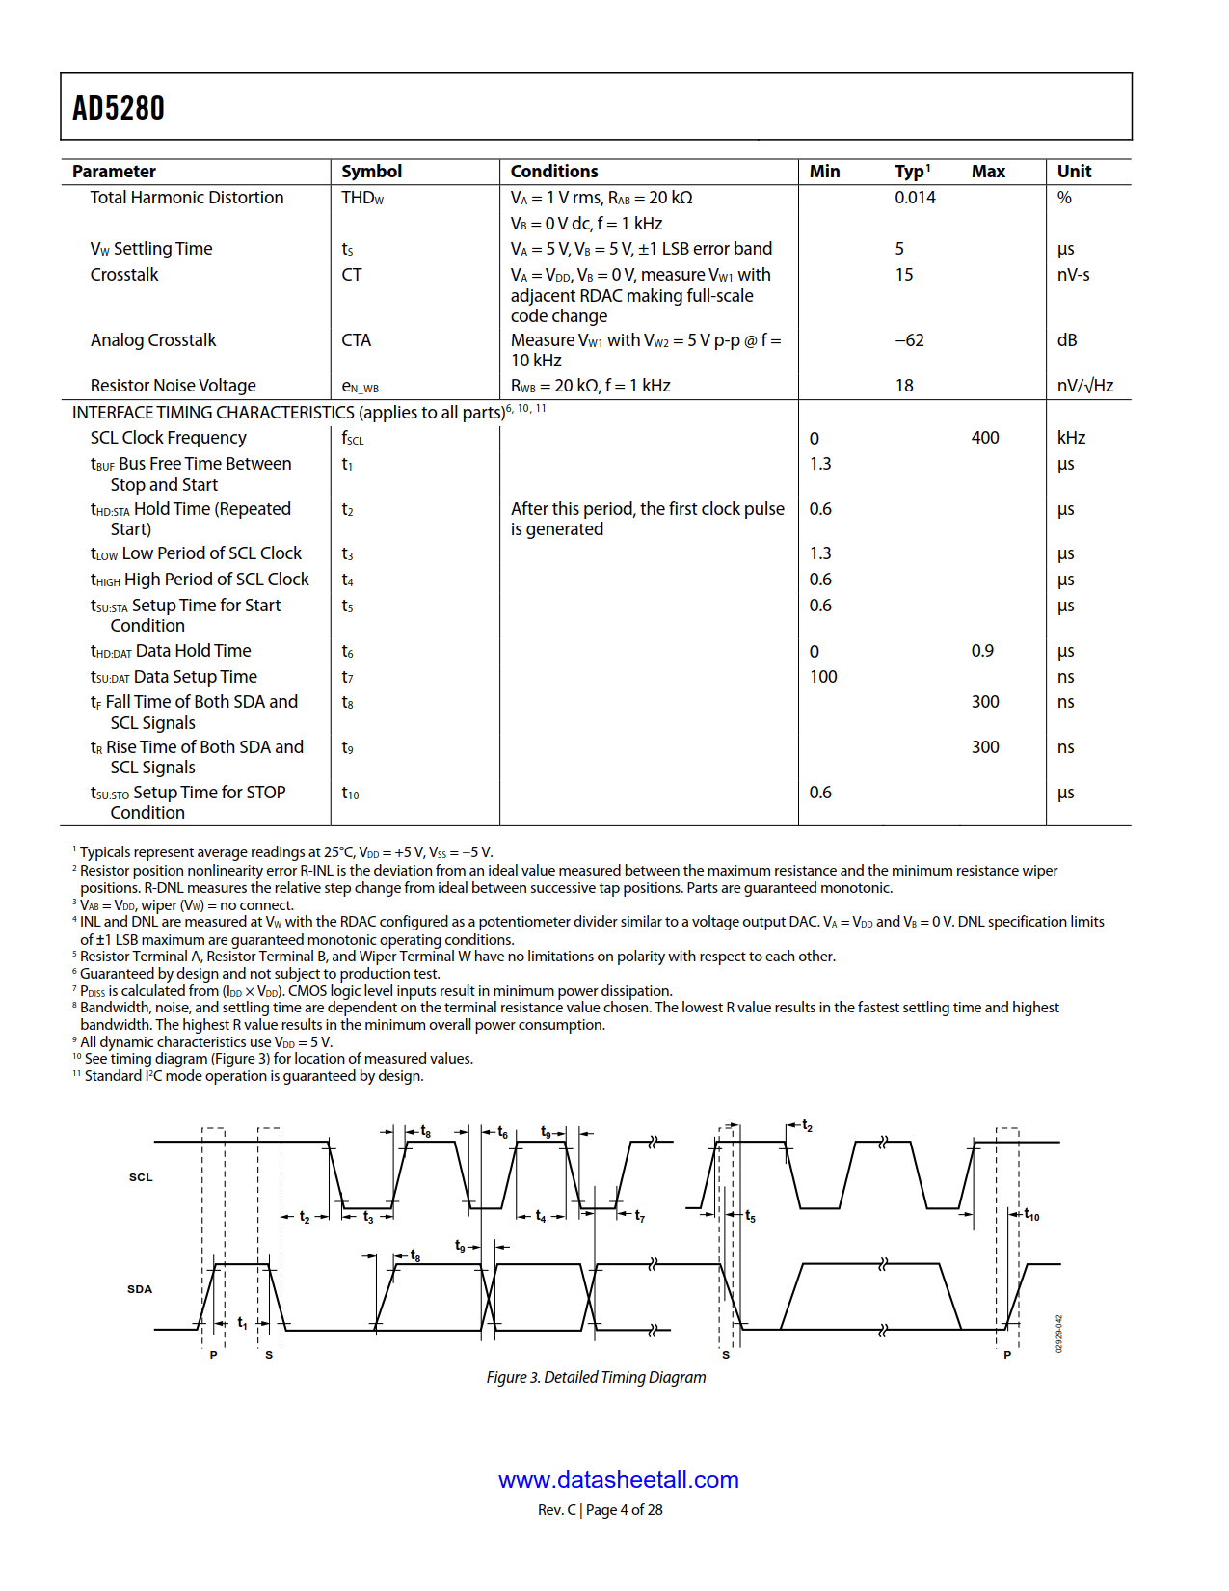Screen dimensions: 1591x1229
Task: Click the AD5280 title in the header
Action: click(x=119, y=108)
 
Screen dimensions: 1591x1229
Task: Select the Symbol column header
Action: click(x=371, y=172)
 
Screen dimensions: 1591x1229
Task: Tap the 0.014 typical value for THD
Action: click(x=915, y=198)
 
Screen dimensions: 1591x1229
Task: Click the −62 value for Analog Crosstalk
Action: click(x=909, y=340)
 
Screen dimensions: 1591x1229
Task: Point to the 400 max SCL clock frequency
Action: click(x=985, y=438)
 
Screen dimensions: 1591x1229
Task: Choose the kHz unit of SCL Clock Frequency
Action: click(x=1071, y=438)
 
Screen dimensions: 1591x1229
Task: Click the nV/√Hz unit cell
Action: click(x=1084, y=386)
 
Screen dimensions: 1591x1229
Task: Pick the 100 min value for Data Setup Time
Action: click(x=823, y=677)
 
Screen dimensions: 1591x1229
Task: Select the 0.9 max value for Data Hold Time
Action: click(x=982, y=651)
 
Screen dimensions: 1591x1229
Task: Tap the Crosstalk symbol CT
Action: click(x=352, y=275)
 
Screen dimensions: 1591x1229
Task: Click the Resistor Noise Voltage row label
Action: click(x=174, y=386)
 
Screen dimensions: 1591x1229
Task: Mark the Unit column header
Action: click(x=1074, y=172)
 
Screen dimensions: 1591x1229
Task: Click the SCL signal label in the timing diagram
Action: click(x=141, y=1177)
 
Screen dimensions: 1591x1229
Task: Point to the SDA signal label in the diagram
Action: click(x=140, y=1289)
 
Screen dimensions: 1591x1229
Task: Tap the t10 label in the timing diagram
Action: click(x=1031, y=1215)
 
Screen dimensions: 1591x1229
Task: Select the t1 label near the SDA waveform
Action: click(x=242, y=1323)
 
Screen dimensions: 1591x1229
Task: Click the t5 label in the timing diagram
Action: click(x=750, y=1217)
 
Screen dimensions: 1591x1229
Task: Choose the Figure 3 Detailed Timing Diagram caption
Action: click(x=596, y=1377)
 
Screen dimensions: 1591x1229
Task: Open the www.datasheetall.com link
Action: click(x=618, y=1480)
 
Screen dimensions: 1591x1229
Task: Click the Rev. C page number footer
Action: click(x=600, y=1510)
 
